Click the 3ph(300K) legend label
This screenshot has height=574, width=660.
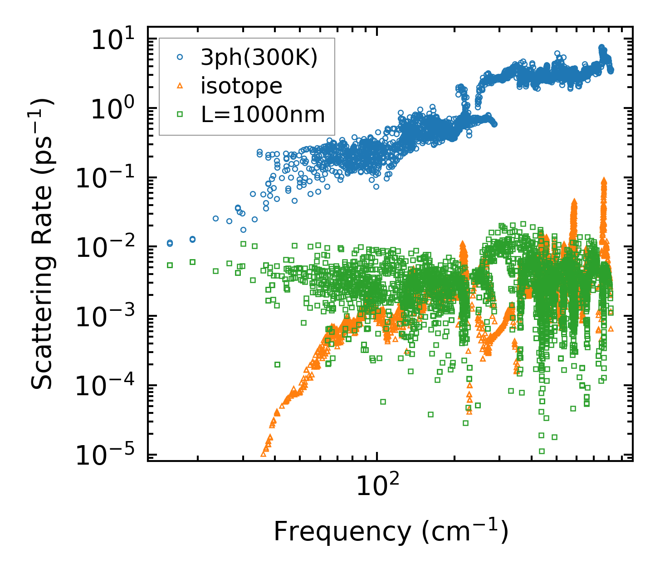259,58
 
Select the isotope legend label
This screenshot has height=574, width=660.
241,86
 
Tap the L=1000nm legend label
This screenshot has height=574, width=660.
263,115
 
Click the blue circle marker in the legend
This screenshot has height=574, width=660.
180,58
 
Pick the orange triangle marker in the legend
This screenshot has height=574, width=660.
180,86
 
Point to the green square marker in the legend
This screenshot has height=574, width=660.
180,114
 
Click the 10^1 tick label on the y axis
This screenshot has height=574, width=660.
111,41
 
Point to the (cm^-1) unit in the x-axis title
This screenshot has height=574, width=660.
465,531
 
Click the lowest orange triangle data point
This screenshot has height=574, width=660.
264,453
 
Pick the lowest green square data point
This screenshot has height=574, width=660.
542,451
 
